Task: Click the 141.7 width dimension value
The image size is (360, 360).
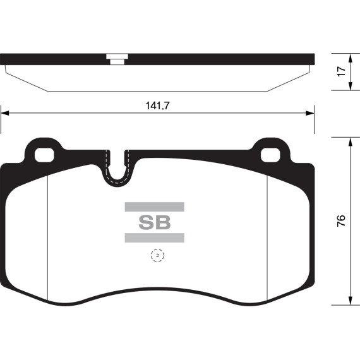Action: pyautogui.click(x=157, y=105)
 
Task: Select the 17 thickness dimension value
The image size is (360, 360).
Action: pyautogui.click(x=342, y=71)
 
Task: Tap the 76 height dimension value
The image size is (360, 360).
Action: pyautogui.click(x=341, y=220)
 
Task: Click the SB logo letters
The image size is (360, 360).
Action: pyautogui.click(x=155, y=222)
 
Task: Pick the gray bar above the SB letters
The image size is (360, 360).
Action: pyautogui.click(x=155, y=207)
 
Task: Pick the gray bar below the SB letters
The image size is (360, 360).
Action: pyautogui.click(x=155, y=237)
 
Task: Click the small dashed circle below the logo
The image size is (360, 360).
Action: pyautogui.click(x=157, y=255)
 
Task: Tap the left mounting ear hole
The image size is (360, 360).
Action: pyautogui.click(x=44, y=155)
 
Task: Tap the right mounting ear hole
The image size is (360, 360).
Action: pyautogui.click(x=270, y=155)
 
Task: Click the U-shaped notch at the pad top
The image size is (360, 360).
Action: pyautogui.click(x=117, y=181)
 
